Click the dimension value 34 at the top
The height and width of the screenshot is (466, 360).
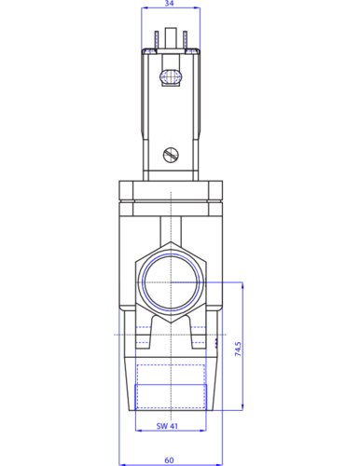coord(169,3)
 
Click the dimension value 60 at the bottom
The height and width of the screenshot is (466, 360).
coord(169,460)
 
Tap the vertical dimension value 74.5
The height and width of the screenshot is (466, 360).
coord(238,349)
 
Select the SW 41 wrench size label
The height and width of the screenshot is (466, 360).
coord(167,426)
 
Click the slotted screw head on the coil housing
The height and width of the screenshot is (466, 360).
coord(172,155)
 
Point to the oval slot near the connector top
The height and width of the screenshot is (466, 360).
coord(170,76)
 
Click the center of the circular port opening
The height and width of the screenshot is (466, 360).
coord(171,282)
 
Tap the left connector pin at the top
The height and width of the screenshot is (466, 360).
coord(157,40)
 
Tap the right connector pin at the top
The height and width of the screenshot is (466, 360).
coord(185,40)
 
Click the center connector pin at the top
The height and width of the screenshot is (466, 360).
coord(171,38)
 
